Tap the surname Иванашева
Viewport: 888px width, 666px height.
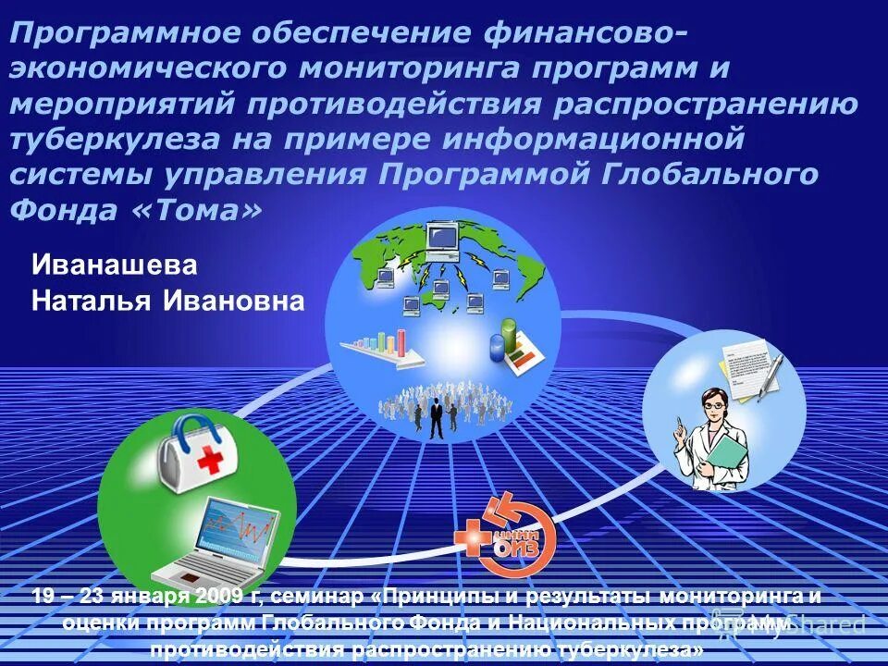[x=115, y=265]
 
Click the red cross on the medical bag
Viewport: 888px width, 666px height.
[x=212, y=458]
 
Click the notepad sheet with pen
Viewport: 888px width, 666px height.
[x=745, y=366]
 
